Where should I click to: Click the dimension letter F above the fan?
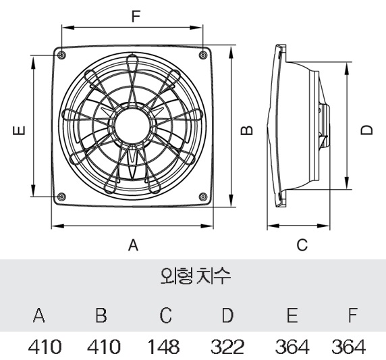136,16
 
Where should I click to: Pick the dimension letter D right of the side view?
366,128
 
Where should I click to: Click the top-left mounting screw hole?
62,55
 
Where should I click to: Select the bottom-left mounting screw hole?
62,197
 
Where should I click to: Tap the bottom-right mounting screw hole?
204,197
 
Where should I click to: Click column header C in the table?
166,315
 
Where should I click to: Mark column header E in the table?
292,315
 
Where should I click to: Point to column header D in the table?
227,315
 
